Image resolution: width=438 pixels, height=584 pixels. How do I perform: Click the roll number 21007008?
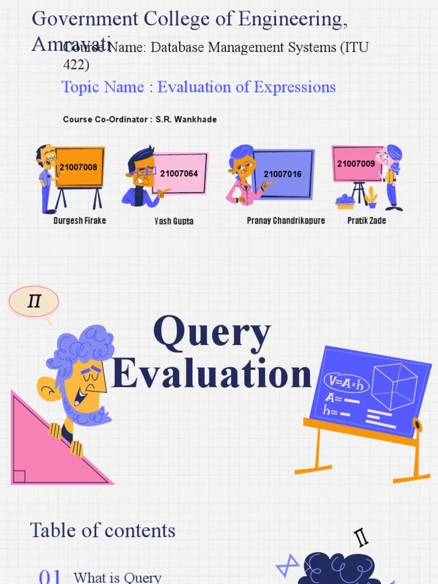point(78,167)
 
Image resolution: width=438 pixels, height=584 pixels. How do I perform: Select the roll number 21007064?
point(179,173)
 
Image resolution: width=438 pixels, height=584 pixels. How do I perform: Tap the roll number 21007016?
point(282,174)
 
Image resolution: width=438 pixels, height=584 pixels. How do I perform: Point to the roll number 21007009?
point(356,164)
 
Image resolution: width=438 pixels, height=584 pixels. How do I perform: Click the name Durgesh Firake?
point(80,221)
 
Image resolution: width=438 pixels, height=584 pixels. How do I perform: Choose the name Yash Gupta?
point(174,221)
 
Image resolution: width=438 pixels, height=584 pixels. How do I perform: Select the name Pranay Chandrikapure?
point(286,221)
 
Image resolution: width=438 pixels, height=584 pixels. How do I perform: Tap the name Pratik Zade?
point(367,221)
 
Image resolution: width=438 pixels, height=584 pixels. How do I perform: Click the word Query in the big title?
point(212,334)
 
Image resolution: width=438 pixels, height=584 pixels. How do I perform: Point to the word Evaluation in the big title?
point(212,374)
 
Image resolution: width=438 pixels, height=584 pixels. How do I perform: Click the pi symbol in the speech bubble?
point(34,301)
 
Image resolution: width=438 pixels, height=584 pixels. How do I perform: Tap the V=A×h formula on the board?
point(346,383)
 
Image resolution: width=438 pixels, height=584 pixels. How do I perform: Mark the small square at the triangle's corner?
point(19,476)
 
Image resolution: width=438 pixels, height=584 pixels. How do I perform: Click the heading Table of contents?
point(103,530)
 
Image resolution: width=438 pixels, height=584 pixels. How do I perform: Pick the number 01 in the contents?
point(50,575)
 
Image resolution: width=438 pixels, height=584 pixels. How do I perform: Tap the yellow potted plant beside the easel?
point(371,197)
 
